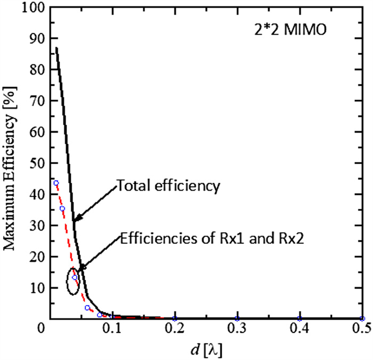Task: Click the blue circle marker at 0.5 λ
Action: pyautogui.click(x=362, y=318)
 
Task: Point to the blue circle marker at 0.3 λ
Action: pyautogui.click(x=237, y=318)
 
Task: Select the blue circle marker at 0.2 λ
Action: pyautogui.click(x=174, y=318)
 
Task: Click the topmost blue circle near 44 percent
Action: pyautogui.click(x=55, y=183)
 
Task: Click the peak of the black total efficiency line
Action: pyautogui.click(x=56, y=48)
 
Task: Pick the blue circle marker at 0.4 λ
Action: pyautogui.click(x=299, y=318)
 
